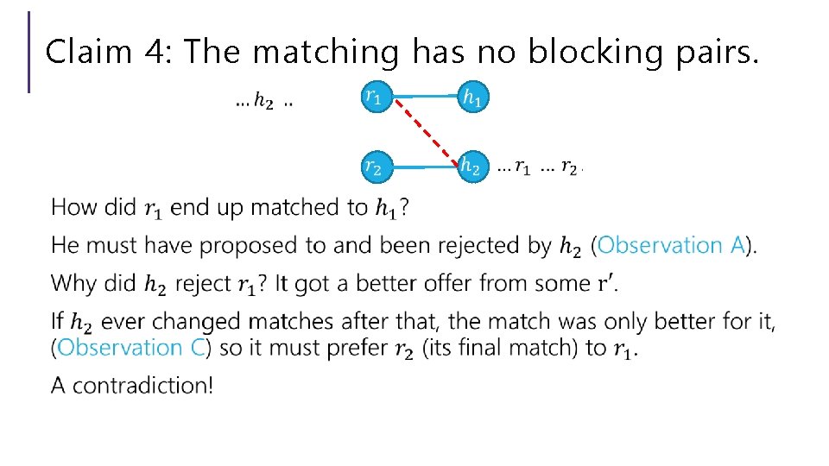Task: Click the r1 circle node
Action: [x=374, y=98]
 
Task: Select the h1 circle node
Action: [x=471, y=98]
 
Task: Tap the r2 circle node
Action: [x=374, y=167]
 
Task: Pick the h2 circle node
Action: [x=471, y=167]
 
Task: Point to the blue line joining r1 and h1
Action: [x=423, y=98]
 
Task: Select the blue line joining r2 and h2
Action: [x=423, y=167]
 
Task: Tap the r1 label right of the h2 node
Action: [x=522, y=167]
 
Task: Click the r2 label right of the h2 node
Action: [x=569, y=167]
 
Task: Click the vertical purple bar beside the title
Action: [x=29, y=52]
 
